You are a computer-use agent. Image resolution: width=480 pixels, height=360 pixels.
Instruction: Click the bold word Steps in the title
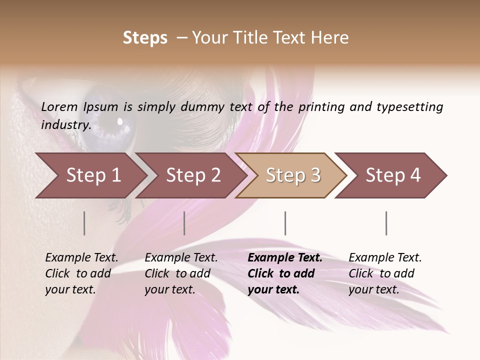145,38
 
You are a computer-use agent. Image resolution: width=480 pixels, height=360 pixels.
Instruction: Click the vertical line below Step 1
84,223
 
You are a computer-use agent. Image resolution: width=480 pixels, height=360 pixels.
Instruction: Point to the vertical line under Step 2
184,223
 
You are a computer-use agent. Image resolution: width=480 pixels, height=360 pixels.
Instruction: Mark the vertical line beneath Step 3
285,223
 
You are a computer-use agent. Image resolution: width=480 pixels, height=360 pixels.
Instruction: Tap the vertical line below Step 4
386,223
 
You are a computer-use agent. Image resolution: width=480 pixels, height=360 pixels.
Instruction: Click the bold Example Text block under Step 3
284,273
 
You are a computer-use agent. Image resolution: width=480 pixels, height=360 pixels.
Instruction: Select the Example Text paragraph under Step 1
81,273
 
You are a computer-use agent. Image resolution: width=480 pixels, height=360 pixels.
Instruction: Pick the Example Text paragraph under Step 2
181,273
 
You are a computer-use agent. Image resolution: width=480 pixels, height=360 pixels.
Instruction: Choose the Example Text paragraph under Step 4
385,273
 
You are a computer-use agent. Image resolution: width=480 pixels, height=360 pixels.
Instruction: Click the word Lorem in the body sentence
59,106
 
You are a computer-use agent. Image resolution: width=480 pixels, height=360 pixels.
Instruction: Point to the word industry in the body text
65,124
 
